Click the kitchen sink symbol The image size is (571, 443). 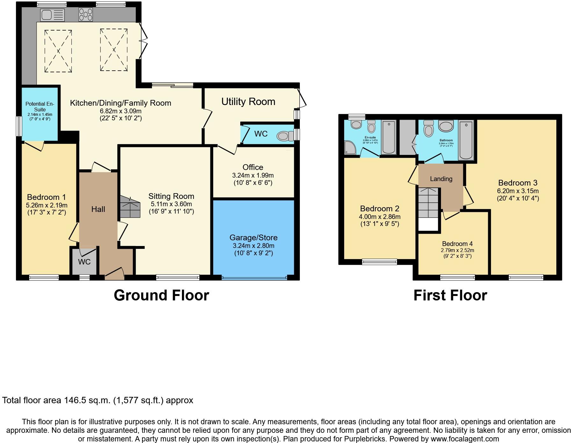pos(52,15)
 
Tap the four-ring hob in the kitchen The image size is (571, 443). pos(85,15)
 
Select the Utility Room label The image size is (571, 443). pos(248,102)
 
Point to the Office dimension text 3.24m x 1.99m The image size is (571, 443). pos(253,175)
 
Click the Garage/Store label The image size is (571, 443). pos(253,238)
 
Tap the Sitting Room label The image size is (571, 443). pos(171,196)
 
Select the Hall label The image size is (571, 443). pos(98,209)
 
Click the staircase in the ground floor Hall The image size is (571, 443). pos(130,207)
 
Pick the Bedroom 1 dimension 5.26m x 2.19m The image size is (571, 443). pos(47,205)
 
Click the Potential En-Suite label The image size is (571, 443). pos(40,106)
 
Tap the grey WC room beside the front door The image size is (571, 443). pos(84,262)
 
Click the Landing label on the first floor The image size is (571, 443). pos(441,179)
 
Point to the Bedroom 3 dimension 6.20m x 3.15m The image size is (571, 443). pos(518,191)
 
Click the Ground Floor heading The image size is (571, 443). pos(161,295)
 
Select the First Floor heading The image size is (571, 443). pos(450,295)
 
